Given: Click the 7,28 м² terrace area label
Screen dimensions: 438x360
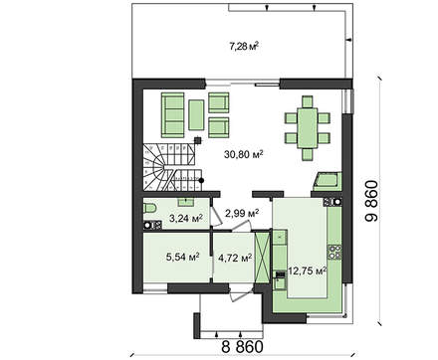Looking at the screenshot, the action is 244,46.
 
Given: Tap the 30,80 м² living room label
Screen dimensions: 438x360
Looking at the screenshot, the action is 244,154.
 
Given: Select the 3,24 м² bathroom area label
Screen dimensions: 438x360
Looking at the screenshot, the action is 186,218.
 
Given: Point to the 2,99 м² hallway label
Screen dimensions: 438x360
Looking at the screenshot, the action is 242,213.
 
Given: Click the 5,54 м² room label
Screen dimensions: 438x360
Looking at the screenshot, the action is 182,257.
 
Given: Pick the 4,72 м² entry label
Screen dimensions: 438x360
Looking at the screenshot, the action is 235,258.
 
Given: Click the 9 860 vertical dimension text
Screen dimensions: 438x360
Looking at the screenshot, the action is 371,201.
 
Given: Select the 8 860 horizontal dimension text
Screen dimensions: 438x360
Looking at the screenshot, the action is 242,347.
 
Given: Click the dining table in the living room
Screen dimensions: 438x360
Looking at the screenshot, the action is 308,128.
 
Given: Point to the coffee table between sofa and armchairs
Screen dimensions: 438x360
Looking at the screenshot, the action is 196,115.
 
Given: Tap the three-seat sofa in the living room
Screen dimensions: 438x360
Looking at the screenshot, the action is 172,114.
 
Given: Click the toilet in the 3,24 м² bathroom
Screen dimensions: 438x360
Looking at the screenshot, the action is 149,209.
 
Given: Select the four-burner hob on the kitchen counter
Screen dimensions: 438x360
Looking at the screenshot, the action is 334,252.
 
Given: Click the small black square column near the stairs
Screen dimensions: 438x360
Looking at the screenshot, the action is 198,140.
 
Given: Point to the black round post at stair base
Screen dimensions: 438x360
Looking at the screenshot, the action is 201,180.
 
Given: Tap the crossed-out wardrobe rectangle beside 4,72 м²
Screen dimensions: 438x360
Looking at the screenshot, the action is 262,258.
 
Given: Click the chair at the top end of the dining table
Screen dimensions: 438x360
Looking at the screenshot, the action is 308,101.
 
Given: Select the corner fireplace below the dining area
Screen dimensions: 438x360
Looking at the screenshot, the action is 328,181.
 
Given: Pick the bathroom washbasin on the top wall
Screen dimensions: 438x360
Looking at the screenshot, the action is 185,201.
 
